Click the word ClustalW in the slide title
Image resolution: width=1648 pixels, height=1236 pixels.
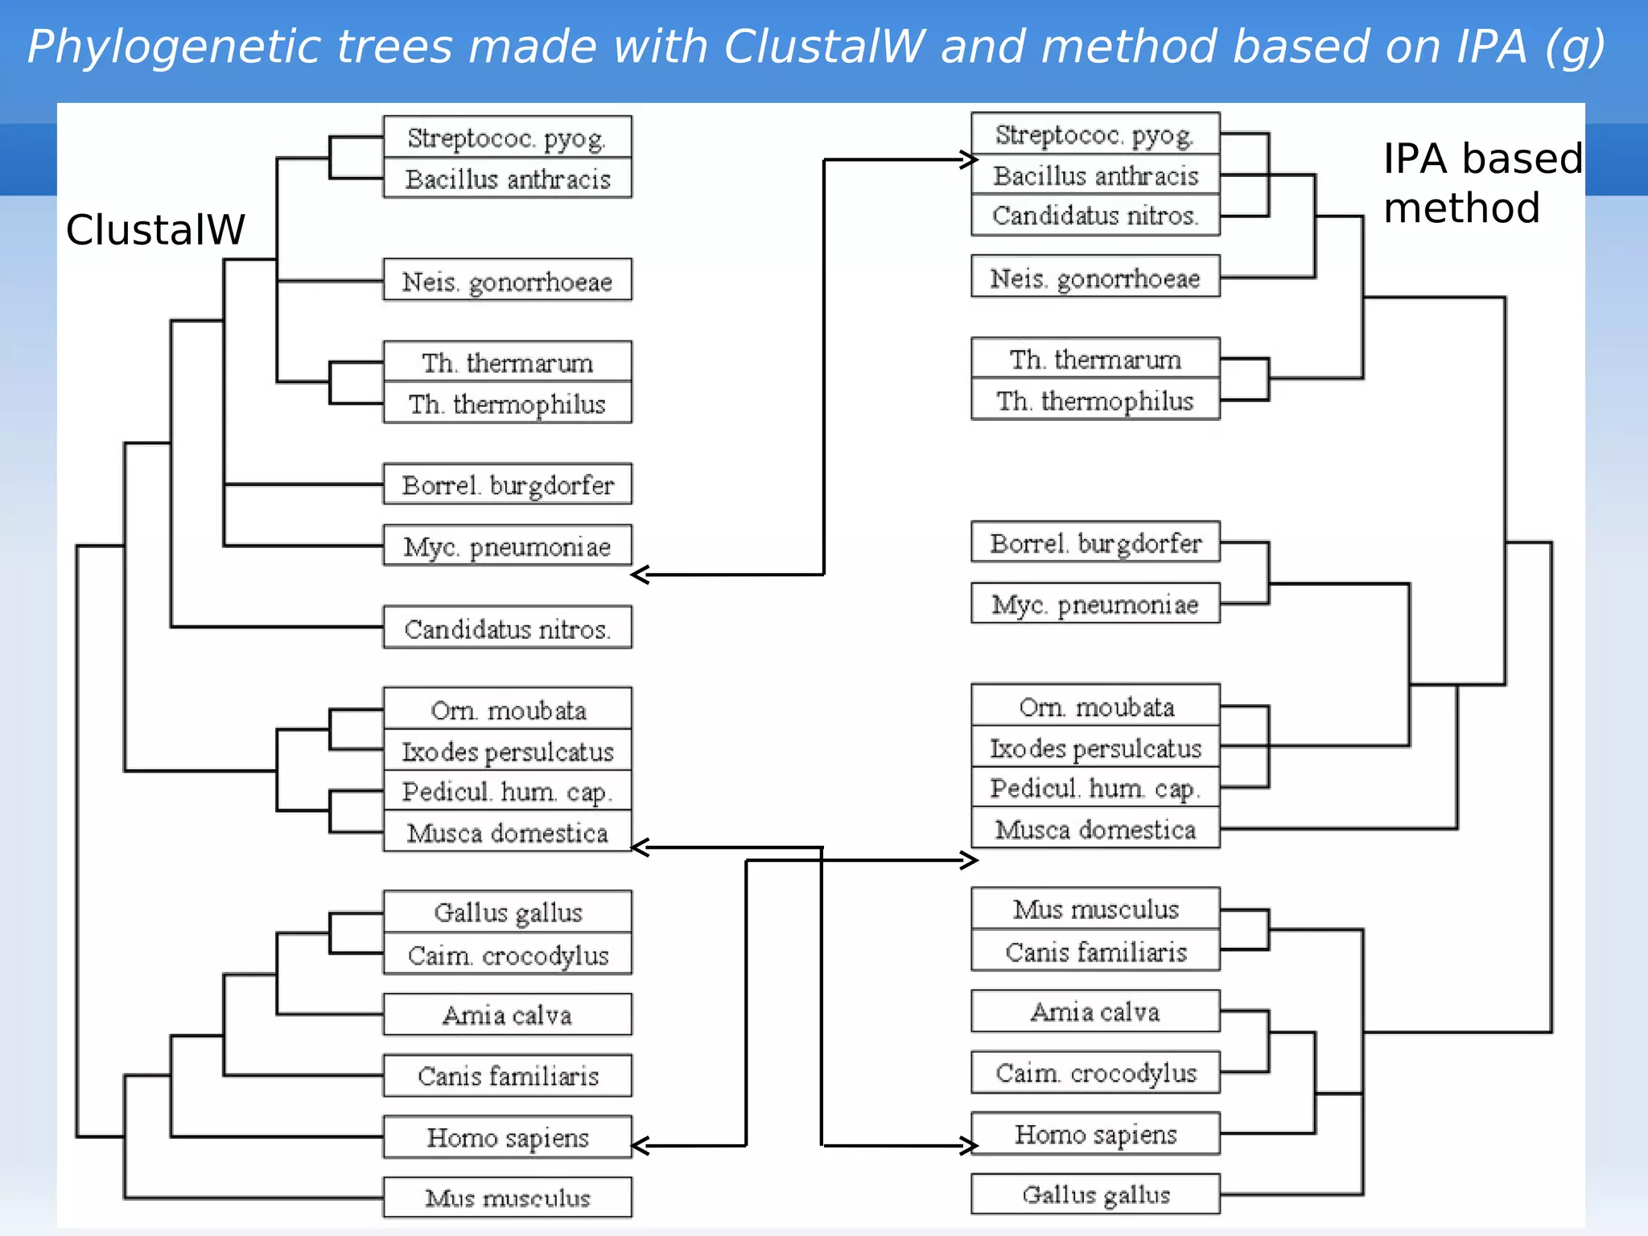tap(824, 47)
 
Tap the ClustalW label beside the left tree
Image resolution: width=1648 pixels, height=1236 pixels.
tap(155, 230)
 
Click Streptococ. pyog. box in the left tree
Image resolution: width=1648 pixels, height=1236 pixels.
tap(507, 138)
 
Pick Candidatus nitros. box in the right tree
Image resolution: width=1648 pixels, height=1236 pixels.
tap(1095, 216)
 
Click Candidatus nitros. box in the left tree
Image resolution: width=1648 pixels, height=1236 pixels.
tap(507, 628)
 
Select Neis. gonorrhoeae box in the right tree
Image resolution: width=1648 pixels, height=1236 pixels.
tap(1095, 278)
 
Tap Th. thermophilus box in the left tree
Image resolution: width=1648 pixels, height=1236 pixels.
tap(507, 403)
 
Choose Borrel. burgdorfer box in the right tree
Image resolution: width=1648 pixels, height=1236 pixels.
tap(1095, 543)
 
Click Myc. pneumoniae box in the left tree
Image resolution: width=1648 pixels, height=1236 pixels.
tap(507, 546)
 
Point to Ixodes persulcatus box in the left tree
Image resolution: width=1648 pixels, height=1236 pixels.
tap(507, 752)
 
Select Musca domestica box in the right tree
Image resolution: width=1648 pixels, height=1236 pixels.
tap(1095, 829)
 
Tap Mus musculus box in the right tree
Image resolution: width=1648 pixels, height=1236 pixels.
tap(1095, 909)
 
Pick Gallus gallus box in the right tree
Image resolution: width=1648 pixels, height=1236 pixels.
tap(1095, 1194)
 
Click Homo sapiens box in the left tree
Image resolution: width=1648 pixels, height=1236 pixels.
tap(507, 1137)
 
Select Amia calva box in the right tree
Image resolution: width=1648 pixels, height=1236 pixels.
tap(1095, 1011)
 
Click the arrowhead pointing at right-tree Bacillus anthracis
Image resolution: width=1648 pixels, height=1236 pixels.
tap(968, 159)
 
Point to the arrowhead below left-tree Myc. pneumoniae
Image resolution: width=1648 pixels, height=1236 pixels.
tap(641, 575)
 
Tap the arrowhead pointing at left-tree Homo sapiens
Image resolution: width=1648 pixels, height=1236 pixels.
tap(641, 1146)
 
